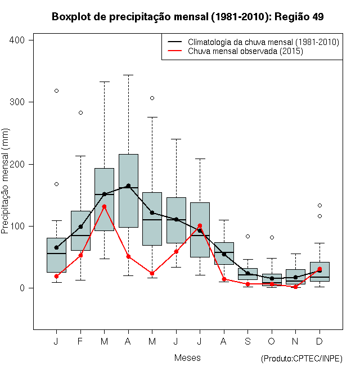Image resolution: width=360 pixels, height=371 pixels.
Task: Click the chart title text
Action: coord(187,17)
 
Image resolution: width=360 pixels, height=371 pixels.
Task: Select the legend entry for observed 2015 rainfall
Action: coord(245,51)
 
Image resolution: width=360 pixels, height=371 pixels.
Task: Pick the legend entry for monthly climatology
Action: coord(263,42)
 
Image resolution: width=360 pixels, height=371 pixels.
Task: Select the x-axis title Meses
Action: coord(187,358)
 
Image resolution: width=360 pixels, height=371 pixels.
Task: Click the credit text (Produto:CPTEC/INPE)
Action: coord(301,359)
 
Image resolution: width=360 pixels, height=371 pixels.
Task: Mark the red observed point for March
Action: coord(104,206)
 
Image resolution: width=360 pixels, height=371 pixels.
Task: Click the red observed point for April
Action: coord(128,256)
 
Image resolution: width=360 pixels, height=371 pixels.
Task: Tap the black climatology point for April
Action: coord(128,185)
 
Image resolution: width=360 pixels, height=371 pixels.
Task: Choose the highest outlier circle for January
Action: coord(56,91)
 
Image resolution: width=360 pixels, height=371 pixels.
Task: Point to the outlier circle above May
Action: coord(152,98)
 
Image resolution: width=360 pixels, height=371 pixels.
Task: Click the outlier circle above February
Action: coord(80,112)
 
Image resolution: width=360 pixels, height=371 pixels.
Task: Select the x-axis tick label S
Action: coord(247,341)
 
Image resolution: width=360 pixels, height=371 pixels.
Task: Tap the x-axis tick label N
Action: coord(295,341)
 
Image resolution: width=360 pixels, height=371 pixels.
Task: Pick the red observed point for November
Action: coord(295,287)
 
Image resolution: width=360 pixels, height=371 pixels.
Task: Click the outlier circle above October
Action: coord(272,237)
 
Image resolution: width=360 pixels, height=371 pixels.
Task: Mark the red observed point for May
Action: coord(152,273)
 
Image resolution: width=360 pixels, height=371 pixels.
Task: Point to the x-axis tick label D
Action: coord(319,341)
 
